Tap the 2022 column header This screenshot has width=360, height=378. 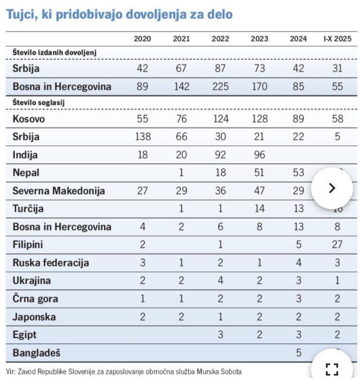[x=220, y=39]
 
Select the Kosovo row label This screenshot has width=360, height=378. [x=29, y=119]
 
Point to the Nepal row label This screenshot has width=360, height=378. [x=26, y=173]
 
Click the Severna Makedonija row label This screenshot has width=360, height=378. [x=59, y=191]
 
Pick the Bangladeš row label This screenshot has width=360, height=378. [x=37, y=353]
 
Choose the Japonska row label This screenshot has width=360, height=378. [x=34, y=317]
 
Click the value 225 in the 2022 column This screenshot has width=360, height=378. [x=220, y=87]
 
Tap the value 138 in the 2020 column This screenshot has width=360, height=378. [x=142, y=137]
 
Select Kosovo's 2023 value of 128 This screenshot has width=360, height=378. [x=259, y=119]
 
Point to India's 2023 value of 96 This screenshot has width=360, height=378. [x=259, y=155]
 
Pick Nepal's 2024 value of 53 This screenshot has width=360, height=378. [x=299, y=173]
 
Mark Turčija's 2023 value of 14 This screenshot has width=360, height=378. [x=259, y=209]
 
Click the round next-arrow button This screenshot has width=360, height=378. [x=332, y=188]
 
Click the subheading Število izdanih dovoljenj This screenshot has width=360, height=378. [x=54, y=53]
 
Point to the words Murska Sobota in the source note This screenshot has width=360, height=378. [x=219, y=371]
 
